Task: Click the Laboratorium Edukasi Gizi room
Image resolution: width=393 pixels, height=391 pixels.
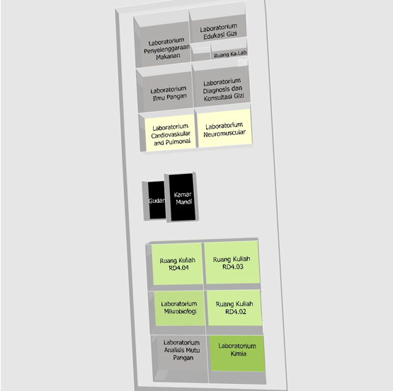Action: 217,28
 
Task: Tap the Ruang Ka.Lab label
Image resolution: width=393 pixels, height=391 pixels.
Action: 230,54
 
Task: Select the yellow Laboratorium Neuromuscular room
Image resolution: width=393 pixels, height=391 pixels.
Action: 224,128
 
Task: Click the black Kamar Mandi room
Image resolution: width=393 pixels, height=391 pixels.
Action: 182,197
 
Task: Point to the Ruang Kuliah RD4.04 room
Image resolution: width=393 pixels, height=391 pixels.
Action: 178,264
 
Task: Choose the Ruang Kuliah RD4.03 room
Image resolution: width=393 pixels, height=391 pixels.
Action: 232,262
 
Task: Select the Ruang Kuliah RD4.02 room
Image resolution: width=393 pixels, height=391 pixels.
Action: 234,308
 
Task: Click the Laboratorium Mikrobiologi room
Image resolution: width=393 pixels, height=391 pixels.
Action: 179,308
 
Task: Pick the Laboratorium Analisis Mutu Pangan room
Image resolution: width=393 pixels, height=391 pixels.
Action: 180,358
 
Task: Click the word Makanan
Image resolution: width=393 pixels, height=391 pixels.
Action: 168,57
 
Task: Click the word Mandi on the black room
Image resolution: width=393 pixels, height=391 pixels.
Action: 184,202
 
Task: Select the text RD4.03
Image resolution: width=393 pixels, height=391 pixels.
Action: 233,267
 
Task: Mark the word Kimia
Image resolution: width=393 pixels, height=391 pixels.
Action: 239,354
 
